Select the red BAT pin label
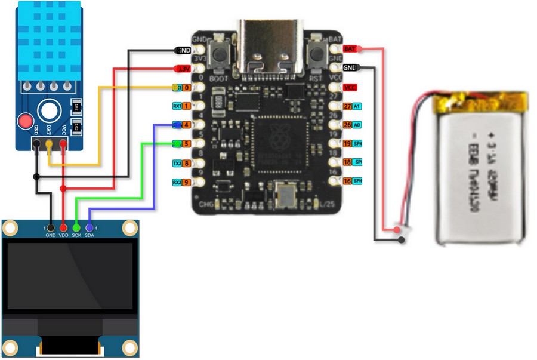(x=351, y=48)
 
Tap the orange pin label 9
(x=187, y=182)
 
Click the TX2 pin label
(x=177, y=163)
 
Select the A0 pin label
(x=358, y=125)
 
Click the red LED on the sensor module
(x=26, y=122)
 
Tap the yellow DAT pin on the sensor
(x=49, y=144)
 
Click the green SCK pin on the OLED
(x=76, y=227)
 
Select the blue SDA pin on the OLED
(x=89, y=227)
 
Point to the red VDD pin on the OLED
(x=63, y=227)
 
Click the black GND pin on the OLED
(x=50, y=227)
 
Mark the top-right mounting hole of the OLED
(x=129, y=228)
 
